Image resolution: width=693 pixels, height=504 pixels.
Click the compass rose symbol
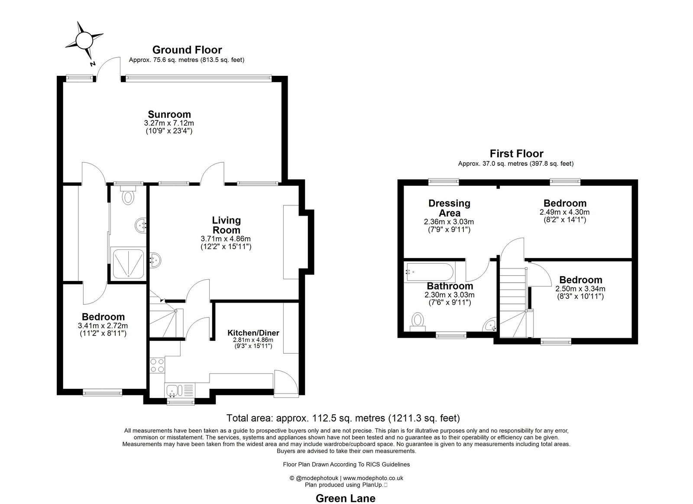tap(84, 41)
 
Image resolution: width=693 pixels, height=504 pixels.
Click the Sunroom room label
tap(169, 114)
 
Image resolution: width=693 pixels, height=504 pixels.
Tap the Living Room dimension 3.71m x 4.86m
tap(226, 239)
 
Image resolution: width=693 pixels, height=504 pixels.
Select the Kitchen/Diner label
tap(253, 333)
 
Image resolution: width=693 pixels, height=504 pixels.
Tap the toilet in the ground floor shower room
tap(127, 197)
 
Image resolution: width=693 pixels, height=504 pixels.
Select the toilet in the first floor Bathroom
tap(418, 321)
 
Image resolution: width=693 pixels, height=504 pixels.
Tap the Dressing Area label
tap(449, 208)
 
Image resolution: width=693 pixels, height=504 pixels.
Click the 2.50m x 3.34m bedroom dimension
tap(580, 289)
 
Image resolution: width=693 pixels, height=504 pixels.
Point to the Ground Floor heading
tap(187, 50)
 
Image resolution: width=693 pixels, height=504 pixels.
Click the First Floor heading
tap(516, 153)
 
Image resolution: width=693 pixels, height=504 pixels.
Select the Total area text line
tap(343, 418)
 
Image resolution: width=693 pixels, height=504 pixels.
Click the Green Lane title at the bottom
tap(345, 498)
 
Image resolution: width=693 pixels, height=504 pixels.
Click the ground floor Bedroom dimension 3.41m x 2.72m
tap(103, 326)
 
